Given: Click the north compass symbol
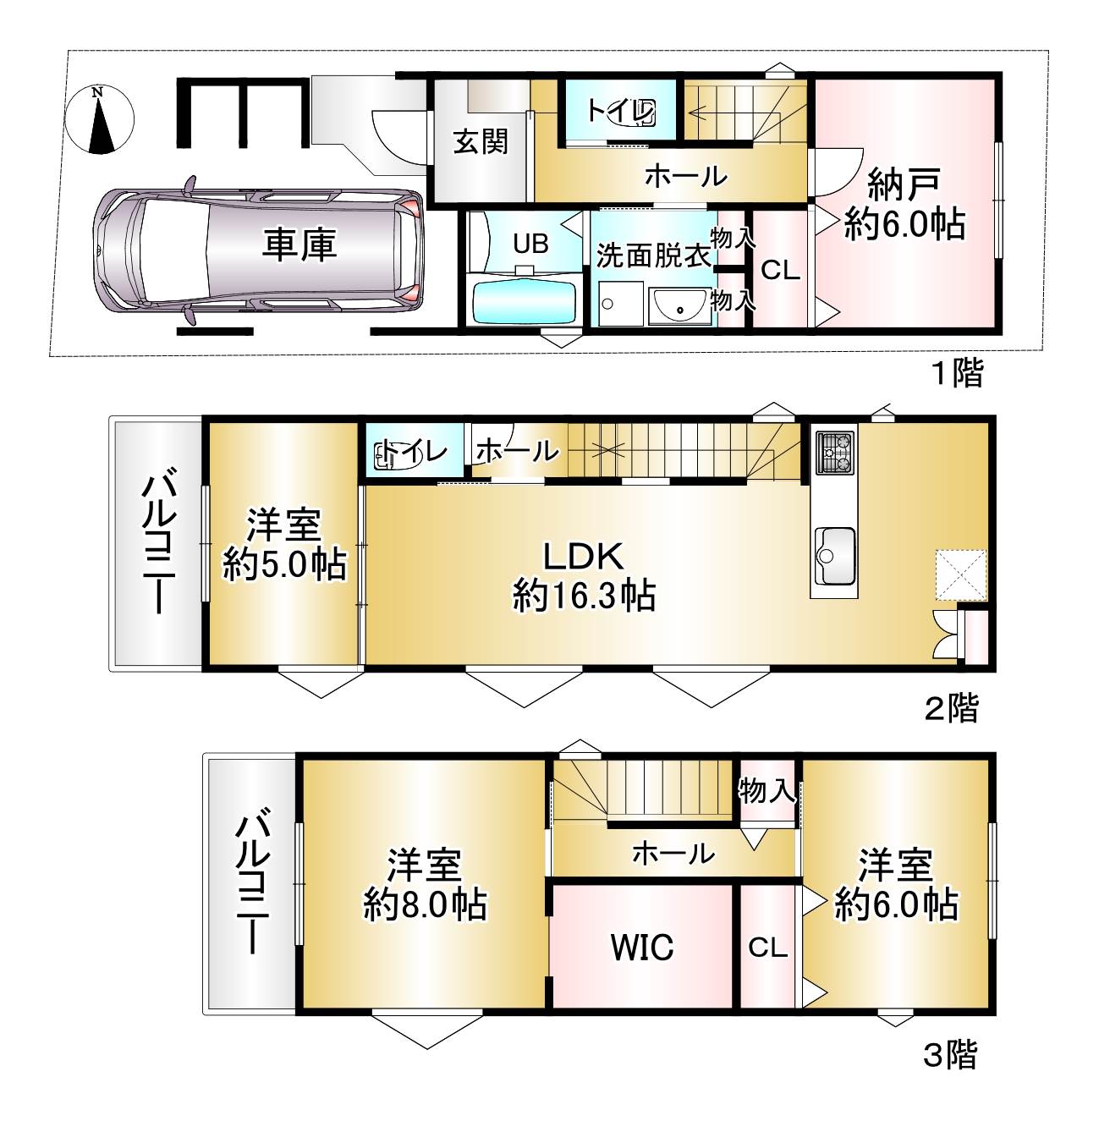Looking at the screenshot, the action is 100,120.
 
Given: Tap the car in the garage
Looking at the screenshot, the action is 259,251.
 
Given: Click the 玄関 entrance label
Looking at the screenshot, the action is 481,142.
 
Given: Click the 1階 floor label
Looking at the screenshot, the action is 958,373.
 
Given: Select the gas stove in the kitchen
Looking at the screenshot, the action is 835,453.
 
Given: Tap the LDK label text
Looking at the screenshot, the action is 584,556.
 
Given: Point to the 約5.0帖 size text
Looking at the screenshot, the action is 284,564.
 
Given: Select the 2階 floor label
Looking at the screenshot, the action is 952,708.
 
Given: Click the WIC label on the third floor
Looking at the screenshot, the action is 642,947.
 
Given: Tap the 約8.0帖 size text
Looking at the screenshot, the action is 426,904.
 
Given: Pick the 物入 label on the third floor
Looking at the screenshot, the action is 767,790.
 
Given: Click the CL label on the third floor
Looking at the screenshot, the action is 767,948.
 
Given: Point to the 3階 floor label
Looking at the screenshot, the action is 950,1054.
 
